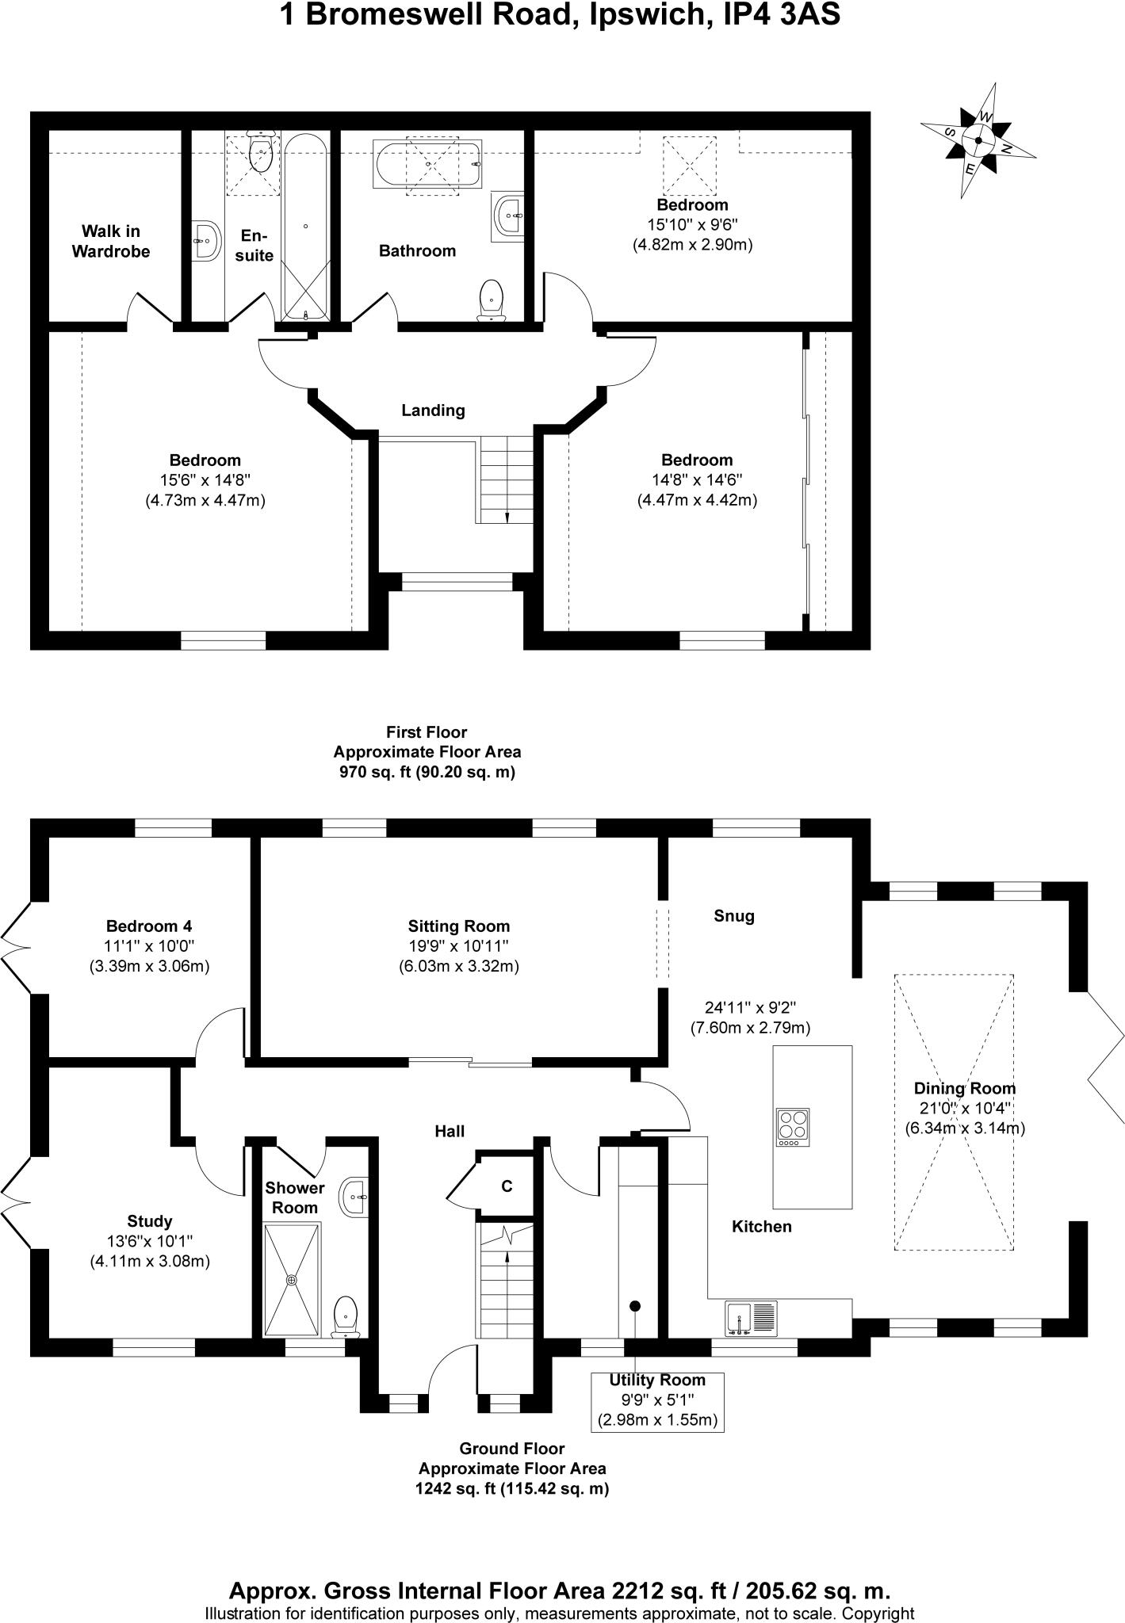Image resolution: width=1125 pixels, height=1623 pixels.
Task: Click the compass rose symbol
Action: coord(978,142)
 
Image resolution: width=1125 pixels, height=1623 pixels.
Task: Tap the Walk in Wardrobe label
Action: coord(110,241)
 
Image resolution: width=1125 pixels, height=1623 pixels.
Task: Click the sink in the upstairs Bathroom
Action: coord(507,214)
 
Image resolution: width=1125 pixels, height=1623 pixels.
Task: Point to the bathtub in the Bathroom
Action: coord(427,164)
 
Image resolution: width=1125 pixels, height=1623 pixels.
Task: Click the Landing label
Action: coord(433,411)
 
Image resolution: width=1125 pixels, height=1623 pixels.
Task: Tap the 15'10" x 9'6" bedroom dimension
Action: coord(692,224)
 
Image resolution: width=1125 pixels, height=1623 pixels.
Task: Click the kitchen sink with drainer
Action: coord(752,1319)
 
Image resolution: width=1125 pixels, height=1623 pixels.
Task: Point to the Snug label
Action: coord(733,916)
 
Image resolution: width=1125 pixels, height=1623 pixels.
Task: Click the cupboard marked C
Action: coord(507,1186)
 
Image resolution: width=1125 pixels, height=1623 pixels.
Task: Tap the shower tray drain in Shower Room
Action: coord(292,1280)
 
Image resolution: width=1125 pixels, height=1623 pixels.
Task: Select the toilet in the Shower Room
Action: coord(346,1316)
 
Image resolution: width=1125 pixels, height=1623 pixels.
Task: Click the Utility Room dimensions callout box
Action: coord(657,1401)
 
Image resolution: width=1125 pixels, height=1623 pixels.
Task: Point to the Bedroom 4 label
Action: coord(149,926)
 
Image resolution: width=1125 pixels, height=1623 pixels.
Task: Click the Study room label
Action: coord(149,1221)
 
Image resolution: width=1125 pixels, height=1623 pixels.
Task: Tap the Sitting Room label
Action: coord(458,926)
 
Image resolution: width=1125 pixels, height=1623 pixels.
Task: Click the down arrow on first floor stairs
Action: coord(507,516)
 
